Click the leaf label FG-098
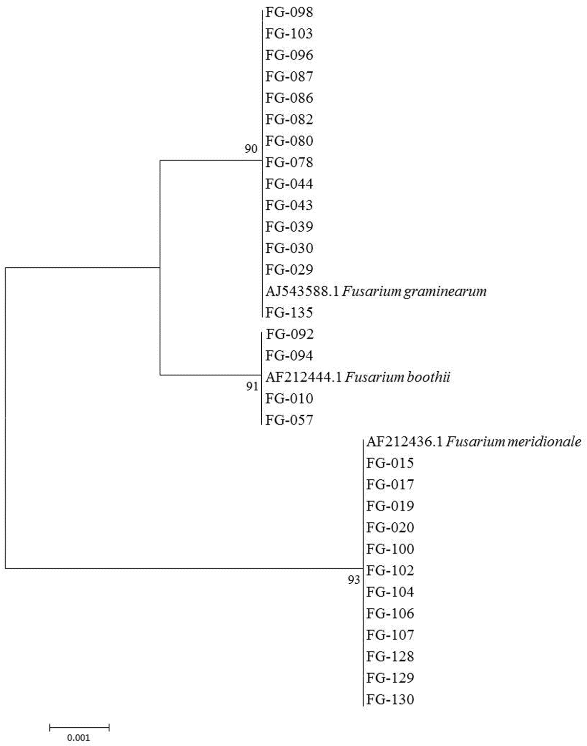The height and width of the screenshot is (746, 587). [x=289, y=13]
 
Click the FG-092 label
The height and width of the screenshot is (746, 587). [x=290, y=334]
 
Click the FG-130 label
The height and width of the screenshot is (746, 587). [x=390, y=700]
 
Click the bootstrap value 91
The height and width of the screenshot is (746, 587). [x=252, y=387]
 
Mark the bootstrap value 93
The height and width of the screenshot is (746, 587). [x=354, y=580]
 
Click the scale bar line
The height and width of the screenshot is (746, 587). [x=79, y=727]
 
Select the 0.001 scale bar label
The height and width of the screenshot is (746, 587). [x=79, y=738]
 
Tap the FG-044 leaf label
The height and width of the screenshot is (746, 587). [x=289, y=184]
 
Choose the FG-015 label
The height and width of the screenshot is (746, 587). [x=390, y=463]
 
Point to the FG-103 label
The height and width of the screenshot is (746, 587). [x=289, y=34]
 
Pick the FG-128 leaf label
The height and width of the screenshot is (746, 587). [x=390, y=657]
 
